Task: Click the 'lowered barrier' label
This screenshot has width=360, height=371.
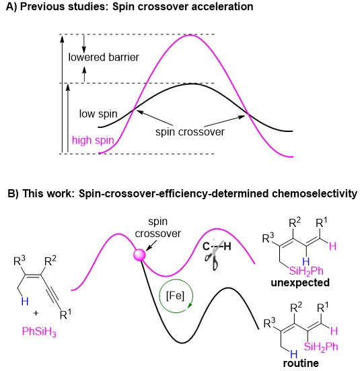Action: point(104,57)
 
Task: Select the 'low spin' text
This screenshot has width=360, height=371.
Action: point(98,114)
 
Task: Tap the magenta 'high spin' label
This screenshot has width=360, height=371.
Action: point(93,140)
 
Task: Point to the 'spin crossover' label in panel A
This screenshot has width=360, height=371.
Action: point(190,132)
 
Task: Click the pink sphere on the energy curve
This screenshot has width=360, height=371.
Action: point(140,255)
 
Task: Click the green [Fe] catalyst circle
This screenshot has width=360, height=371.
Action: point(176,296)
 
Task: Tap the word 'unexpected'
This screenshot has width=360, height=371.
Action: point(300,283)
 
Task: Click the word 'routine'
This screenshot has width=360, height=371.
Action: point(301,363)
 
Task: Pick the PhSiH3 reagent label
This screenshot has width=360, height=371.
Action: point(39,332)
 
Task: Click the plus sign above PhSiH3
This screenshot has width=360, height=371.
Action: point(36,313)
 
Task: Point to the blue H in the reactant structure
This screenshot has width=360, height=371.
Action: point(25,302)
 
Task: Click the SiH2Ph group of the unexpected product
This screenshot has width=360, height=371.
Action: point(306,271)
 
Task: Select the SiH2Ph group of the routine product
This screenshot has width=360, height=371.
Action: point(321,347)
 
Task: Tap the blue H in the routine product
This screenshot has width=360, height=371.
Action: point(294,354)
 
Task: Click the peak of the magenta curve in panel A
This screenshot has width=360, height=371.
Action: point(190,35)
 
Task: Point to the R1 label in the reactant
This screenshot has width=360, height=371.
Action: point(65,314)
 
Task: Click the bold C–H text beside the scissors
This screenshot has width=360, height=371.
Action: point(217,246)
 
